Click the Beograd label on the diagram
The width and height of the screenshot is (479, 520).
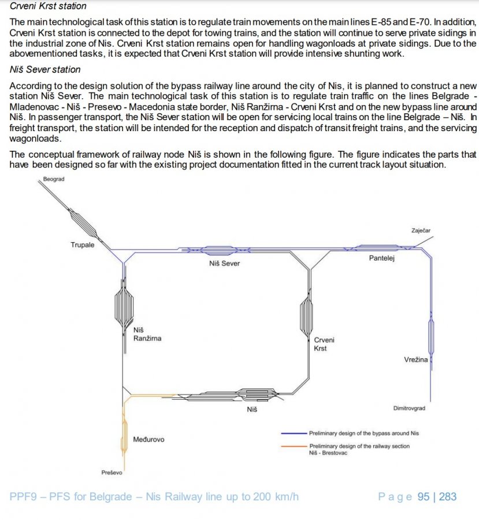(x=54, y=179)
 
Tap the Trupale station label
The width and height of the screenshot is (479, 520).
(x=82, y=245)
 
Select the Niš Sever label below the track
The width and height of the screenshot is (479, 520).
(x=224, y=263)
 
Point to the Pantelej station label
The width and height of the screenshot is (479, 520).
(x=381, y=258)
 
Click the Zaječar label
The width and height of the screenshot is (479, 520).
(x=421, y=231)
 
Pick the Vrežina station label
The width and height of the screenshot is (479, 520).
(x=416, y=360)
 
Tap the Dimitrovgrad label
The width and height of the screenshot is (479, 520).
(x=409, y=408)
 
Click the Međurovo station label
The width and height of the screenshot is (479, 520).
(x=148, y=440)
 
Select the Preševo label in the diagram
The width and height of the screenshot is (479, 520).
(x=112, y=473)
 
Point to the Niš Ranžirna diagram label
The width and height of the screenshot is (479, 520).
(x=147, y=334)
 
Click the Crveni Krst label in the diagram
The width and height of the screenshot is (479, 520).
(x=324, y=344)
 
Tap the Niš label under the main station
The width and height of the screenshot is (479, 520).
(x=252, y=409)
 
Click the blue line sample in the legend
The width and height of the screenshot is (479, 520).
(x=294, y=433)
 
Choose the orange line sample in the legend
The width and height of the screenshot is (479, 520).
(x=294, y=447)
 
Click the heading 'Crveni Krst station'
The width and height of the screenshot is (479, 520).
(x=49, y=6)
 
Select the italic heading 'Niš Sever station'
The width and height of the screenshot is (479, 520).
(x=46, y=70)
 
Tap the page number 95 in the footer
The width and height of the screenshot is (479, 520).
(x=424, y=496)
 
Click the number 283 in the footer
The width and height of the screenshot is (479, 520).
(x=448, y=496)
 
